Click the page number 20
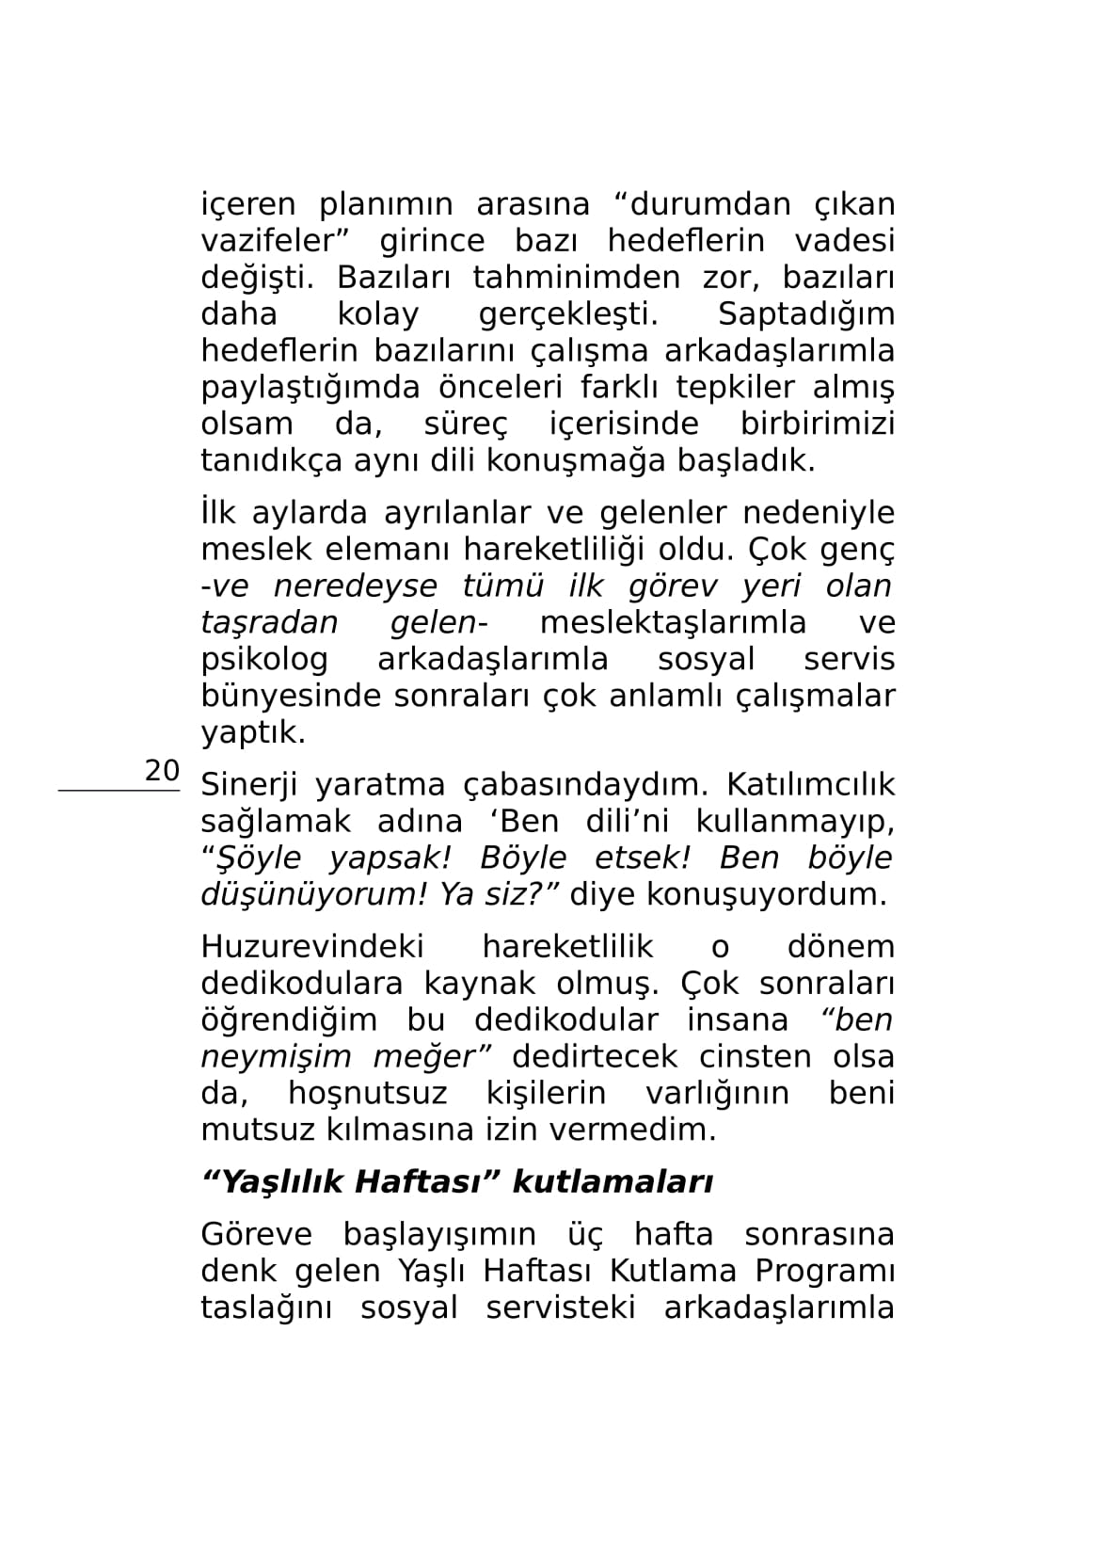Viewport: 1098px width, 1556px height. pyautogui.click(x=162, y=770)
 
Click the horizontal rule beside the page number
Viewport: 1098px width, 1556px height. pyautogui.click(x=119, y=792)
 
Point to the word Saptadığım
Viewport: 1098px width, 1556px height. pyautogui.click(x=805, y=314)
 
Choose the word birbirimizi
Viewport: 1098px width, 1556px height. pyautogui.click(x=817, y=425)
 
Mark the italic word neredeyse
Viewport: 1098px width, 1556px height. pyautogui.click(x=355, y=586)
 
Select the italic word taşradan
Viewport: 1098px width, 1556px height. pyautogui.click(x=269, y=623)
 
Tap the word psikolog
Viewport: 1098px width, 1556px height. pyautogui.click(x=264, y=660)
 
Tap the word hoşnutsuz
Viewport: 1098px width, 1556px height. pyautogui.click(x=367, y=1094)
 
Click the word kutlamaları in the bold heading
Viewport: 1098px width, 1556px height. pyautogui.click(x=612, y=1182)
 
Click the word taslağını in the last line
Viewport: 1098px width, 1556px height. pyautogui.click(x=266, y=1308)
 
